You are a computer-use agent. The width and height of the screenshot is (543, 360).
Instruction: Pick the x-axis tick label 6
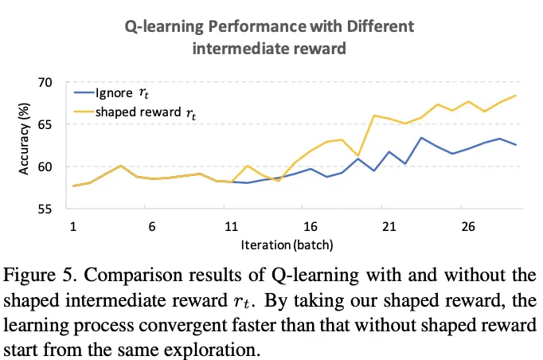pyautogui.click(x=152, y=225)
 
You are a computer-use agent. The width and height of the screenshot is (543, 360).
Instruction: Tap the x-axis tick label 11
pyautogui.click(x=231, y=225)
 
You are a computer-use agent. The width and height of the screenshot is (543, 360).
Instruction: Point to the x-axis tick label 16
pyautogui.click(x=311, y=225)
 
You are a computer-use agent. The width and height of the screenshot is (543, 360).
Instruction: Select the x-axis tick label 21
pyautogui.click(x=389, y=225)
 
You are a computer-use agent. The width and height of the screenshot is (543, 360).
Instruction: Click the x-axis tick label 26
pyautogui.click(x=468, y=225)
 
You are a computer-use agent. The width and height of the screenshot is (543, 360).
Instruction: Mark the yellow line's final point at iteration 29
pyautogui.click(x=516, y=96)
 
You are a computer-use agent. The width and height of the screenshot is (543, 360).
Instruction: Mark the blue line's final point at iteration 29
pyautogui.click(x=516, y=145)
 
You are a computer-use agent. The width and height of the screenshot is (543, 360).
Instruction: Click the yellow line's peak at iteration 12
pyautogui.click(x=248, y=166)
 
